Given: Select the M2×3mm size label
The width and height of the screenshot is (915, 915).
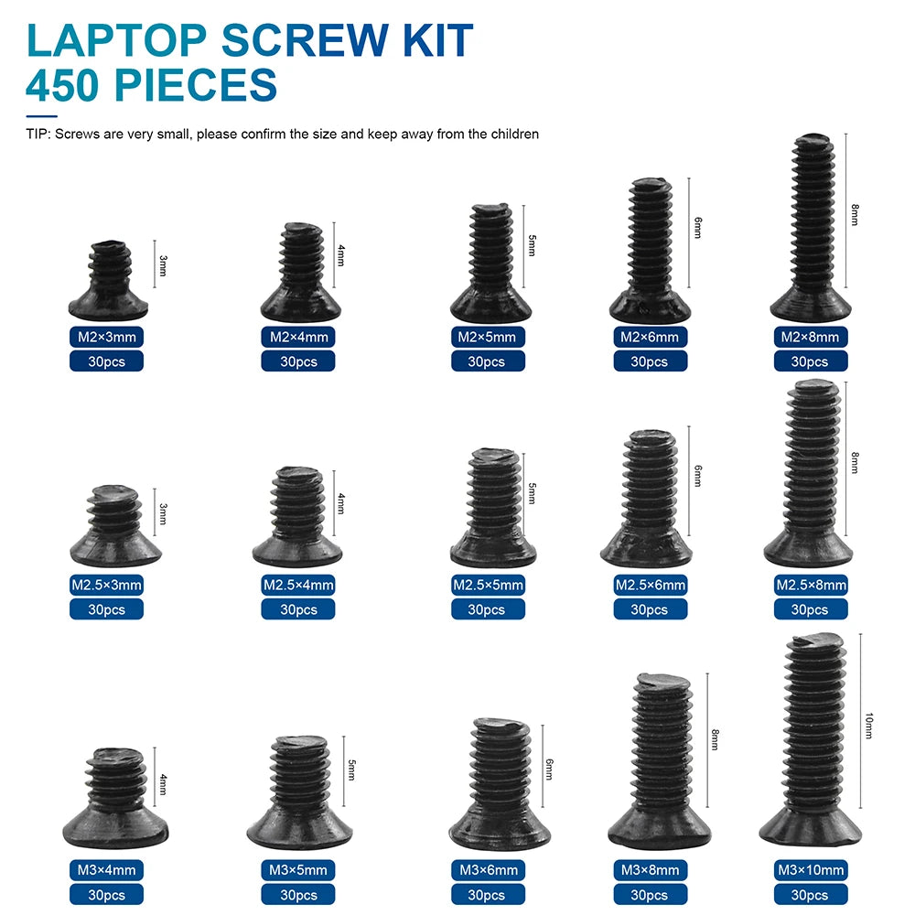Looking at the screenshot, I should pos(106,337).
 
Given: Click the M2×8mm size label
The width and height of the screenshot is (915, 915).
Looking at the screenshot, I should pos(809,337).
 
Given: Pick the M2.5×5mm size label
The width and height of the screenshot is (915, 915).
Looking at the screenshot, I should pos(487,585).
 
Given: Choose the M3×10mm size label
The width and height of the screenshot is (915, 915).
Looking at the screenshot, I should pos(809,869).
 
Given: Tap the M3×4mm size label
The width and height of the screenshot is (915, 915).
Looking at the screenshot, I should pos(106,869).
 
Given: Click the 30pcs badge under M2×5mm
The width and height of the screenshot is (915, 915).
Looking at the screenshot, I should pos(487,361).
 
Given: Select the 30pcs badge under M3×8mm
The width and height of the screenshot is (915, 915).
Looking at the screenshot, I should pos(650,894).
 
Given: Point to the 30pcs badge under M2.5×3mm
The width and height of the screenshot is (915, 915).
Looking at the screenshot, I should pos(106,609).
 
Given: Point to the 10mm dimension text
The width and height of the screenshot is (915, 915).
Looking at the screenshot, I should pos(868,727).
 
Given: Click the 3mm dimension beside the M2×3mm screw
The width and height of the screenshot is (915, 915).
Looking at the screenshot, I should pos(163,266).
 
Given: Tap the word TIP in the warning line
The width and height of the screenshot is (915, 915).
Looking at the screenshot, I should pos(38,134).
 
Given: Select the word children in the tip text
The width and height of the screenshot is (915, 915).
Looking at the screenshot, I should pos(511,134).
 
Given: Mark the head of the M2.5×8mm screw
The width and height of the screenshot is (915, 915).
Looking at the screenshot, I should pos(808,547).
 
